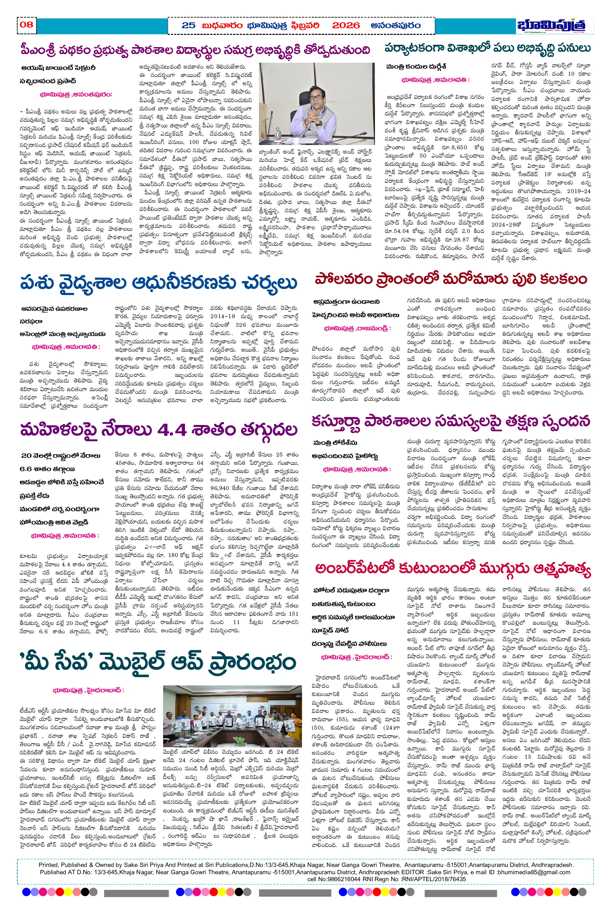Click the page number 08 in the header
27,25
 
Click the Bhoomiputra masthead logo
551,25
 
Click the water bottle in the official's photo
277,134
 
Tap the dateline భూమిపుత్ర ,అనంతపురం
76,94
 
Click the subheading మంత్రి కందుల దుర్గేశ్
416,67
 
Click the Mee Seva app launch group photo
232,716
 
